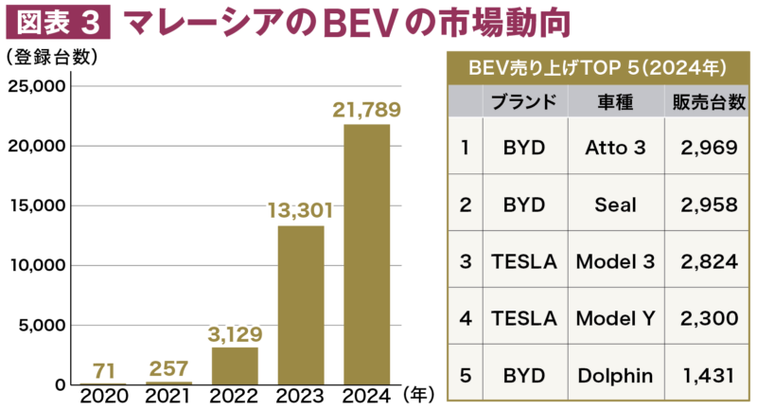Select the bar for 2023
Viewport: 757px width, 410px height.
click(301, 305)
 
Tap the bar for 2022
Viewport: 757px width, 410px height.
click(235, 365)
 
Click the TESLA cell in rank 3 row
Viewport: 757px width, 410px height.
click(522, 261)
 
